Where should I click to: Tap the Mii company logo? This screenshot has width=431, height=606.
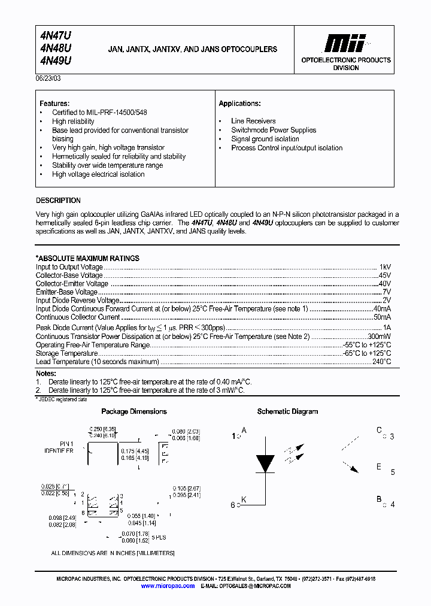click(345, 43)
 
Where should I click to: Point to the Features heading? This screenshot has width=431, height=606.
click(54, 104)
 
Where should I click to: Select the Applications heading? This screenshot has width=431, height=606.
click(239, 104)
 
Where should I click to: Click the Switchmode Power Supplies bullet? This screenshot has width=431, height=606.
click(274, 130)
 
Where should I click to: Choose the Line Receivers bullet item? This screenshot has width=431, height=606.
click(253, 121)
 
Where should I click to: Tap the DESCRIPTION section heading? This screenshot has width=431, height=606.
click(58, 201)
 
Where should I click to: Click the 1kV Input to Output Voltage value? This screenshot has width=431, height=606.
click(385, 266)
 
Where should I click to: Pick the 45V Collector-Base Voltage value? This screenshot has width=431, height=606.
click(384, 275)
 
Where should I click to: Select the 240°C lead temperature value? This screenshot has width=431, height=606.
click(381, 362)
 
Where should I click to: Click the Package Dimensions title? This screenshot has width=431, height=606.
click(134, 411)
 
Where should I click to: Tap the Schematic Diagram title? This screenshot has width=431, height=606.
click(287, 411)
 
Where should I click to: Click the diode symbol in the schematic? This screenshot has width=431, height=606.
click(265, 463)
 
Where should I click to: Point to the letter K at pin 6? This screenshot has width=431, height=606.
click(244, 499)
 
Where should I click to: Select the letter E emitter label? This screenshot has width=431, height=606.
click(379, 467)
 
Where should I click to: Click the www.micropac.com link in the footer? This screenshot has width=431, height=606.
click(168, 586)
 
